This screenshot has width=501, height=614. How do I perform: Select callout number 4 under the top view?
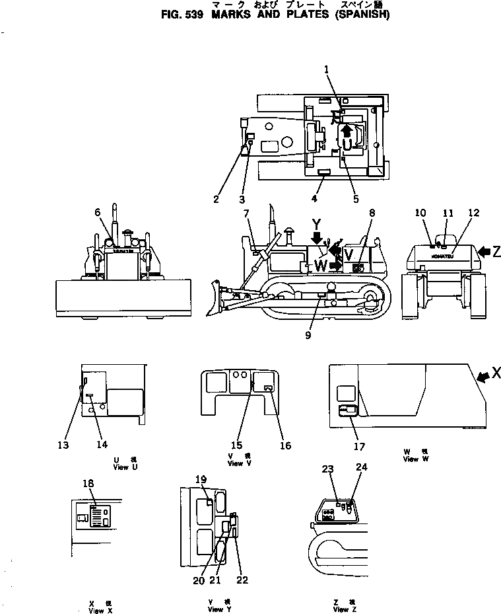(x=314, y=198)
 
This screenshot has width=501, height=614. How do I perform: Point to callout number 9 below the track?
(x=308, y=336)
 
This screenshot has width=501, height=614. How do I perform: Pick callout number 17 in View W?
(x=359, y=446)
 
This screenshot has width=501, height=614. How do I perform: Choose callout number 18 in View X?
(x=88, y=483)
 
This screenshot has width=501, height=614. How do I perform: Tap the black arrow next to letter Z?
(x=483, y=251)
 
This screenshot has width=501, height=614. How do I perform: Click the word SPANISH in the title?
(x=362, y=13)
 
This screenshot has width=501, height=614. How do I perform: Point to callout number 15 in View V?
(x=236, y=445)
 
